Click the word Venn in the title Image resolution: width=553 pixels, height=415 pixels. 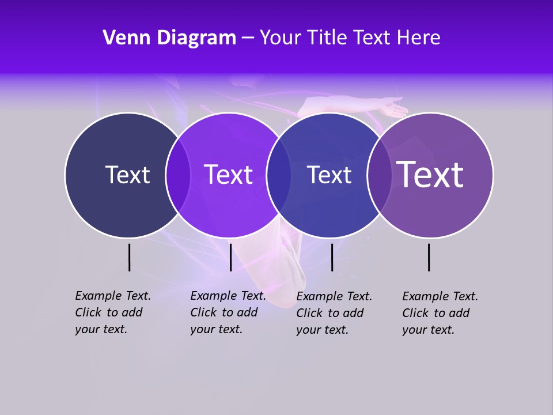click(x=121, y=38)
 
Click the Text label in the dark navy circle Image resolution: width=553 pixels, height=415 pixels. click(x=127, y=175)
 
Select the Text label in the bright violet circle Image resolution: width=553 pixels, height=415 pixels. click(x=228, y=175)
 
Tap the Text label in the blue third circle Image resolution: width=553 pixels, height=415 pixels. click(x=329, y=175)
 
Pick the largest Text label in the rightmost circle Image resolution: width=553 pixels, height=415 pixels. click(x=430, y=175)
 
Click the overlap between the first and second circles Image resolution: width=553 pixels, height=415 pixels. click(x=178, y=175)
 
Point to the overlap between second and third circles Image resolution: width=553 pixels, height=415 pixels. click(x=279, y=175)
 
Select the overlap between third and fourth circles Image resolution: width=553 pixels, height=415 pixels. click(x=380, y=175)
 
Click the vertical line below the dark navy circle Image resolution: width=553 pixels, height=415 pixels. click(x=129, y=257)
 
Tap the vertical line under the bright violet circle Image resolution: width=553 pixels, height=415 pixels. click(x=230, y=257)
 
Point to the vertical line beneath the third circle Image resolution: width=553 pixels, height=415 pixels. click(x=332, y=257)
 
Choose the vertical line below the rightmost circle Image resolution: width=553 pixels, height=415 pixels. click(x=429, y=257)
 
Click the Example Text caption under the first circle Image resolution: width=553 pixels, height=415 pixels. click(x=112, y=312)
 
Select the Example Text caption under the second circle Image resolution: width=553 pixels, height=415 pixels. click(x=228, y=312)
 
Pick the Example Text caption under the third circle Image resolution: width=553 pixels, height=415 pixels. click(x=334, y=313)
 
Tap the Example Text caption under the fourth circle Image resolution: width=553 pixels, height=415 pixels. click(x=440, y=313)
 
